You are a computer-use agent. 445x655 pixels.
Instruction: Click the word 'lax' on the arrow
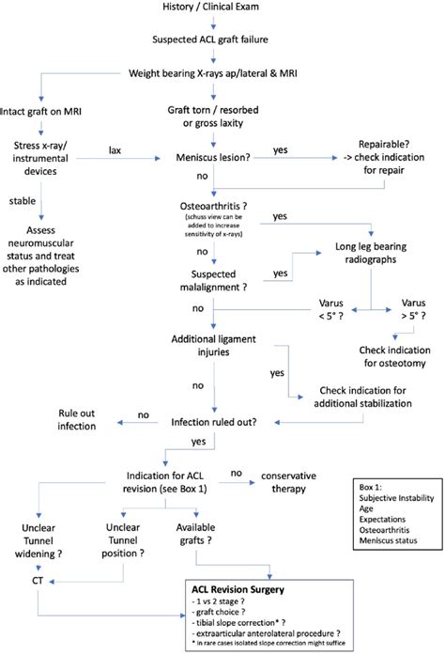pos(115,148)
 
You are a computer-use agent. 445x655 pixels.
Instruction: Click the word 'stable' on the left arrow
pos(23,199)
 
